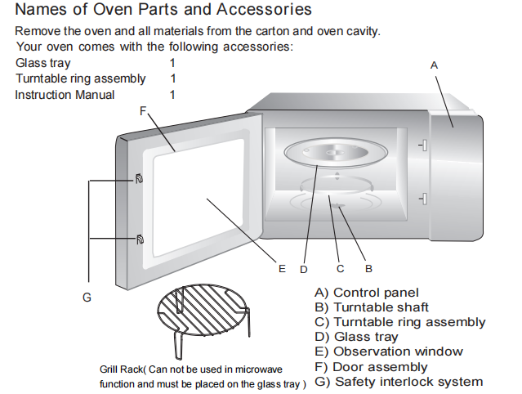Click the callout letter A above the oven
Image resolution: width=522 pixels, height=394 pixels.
(x=434, y=64)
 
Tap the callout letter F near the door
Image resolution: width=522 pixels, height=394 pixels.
(x=143, y=111)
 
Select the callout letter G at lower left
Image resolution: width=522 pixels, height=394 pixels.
(x=87, y=297)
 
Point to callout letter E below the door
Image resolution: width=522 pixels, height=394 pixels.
(x=281, y=268)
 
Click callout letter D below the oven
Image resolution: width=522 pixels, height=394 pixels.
(x=303, y=268)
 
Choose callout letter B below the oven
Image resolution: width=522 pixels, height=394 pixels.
(x=368, y=268)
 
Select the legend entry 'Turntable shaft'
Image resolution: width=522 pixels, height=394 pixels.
(x=381, y=307)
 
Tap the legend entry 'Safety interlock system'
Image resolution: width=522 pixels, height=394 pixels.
(x=408, y=381)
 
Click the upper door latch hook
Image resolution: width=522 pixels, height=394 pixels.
(x=140, y=178)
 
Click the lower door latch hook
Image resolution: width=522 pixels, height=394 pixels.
(x=140, y=240)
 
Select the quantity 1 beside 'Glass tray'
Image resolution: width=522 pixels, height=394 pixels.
(x=173, y=63)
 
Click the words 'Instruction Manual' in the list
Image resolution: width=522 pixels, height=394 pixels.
(x=65, y=95)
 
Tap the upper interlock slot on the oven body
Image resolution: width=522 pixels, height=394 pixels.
(x=423, y=145)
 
